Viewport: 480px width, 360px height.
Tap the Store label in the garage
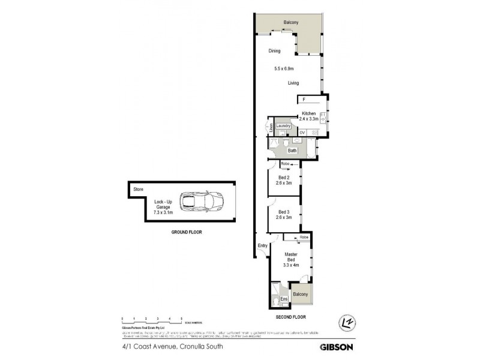click(x=138, y=189)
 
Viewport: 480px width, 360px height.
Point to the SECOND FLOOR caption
click(x=291, y=316)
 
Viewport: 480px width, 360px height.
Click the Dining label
click(x=274, y=51)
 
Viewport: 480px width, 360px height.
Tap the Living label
click(x=293, y=83)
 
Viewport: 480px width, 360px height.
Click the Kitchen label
click(x=308, y=113)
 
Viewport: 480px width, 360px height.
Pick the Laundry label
click(x=284, y=125)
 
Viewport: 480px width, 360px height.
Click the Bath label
click(x=292, y=151)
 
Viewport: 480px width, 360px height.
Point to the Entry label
click(x=262, y=246)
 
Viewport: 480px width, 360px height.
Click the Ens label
click(x=284, y=298)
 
